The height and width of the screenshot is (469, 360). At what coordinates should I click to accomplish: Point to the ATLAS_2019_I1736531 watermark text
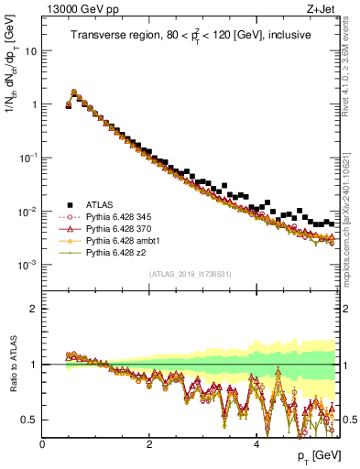(x=190, y=274)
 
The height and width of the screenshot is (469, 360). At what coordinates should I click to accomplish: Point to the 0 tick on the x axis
(x=43, y=443)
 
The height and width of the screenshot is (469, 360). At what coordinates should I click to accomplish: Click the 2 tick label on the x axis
(x=149, y=443)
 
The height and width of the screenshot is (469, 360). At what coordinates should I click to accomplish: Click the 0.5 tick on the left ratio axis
(x=30, y=420)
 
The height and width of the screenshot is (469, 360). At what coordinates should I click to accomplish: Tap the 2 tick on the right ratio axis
(x=347, y=309)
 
